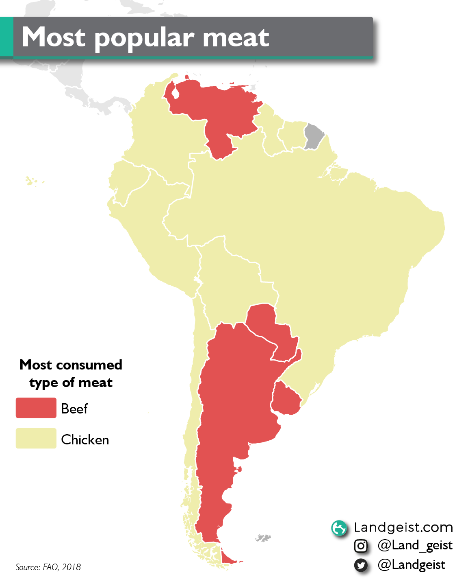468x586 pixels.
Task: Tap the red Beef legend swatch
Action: click(36, 408)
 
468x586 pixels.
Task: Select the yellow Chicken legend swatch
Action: click(36, 438)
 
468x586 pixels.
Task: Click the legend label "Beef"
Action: click(74, 409)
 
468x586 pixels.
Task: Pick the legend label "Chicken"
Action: click(85, 440)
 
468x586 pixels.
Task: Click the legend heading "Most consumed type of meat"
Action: click(71, 374)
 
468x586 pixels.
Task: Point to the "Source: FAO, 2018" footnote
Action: click(48, 567)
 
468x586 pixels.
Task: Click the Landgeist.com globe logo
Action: click(339, 528)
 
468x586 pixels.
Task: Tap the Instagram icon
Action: click(361, 546)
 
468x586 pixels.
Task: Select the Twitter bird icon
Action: click(361, 565)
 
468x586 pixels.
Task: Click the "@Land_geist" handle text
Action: click(415, 545)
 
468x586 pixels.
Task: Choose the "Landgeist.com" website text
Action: click(403, 527)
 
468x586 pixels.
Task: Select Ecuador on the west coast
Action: click(126, 183)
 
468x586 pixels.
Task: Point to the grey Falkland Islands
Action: click(263, 538)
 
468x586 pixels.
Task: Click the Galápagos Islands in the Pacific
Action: click(30, 181)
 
